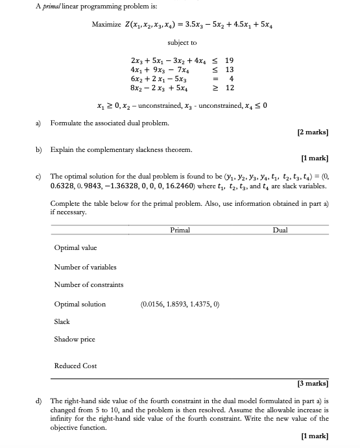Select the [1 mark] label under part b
(x=315, y=157)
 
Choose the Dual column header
(x=280, y=230)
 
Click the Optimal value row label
(x=75, y=248)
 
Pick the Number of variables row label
(x=85, y=267)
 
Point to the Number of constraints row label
(x=88, y=284)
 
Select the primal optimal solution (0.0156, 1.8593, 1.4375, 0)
(x=179, y=304)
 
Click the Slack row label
(x=62, y=321)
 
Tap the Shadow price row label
(x=75, y=339)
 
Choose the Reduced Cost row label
(x=75, y=366)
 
